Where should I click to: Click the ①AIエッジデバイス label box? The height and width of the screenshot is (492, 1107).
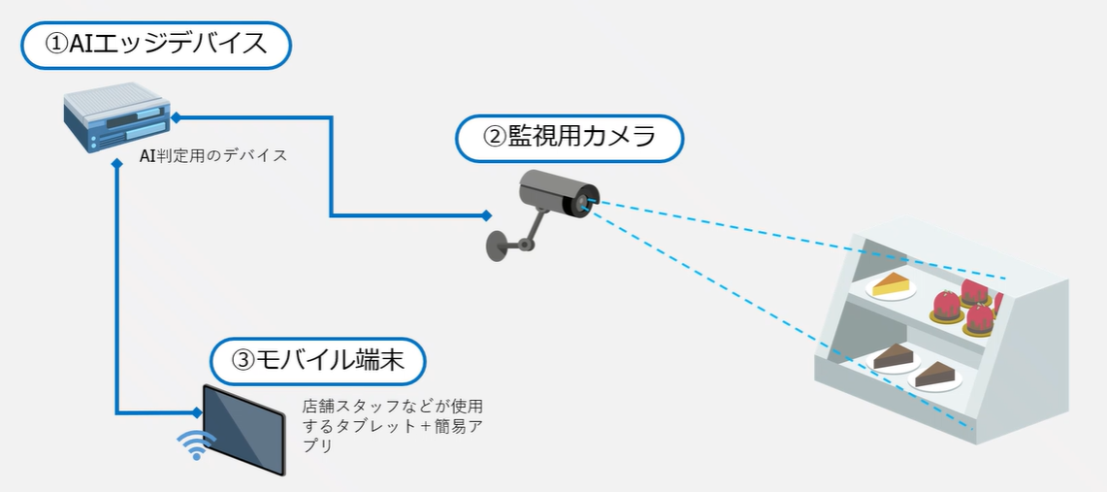(x=155, y=46)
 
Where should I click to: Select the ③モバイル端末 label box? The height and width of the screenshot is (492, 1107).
(x=318, y=361)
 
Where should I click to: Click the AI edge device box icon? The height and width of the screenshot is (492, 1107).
(x=115, y=118)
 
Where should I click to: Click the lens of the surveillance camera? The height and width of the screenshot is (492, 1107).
(x=583, y=202)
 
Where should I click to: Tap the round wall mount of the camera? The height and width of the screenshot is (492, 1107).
(x=498, y=244)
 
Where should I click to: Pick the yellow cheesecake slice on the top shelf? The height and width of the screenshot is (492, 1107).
(x=893, y=284)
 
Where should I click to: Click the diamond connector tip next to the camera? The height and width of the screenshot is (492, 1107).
(x=485, y=214)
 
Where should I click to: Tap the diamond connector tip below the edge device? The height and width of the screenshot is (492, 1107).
(x=117, y=165)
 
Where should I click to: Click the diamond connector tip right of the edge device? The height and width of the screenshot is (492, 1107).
(x=176, y=117)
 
